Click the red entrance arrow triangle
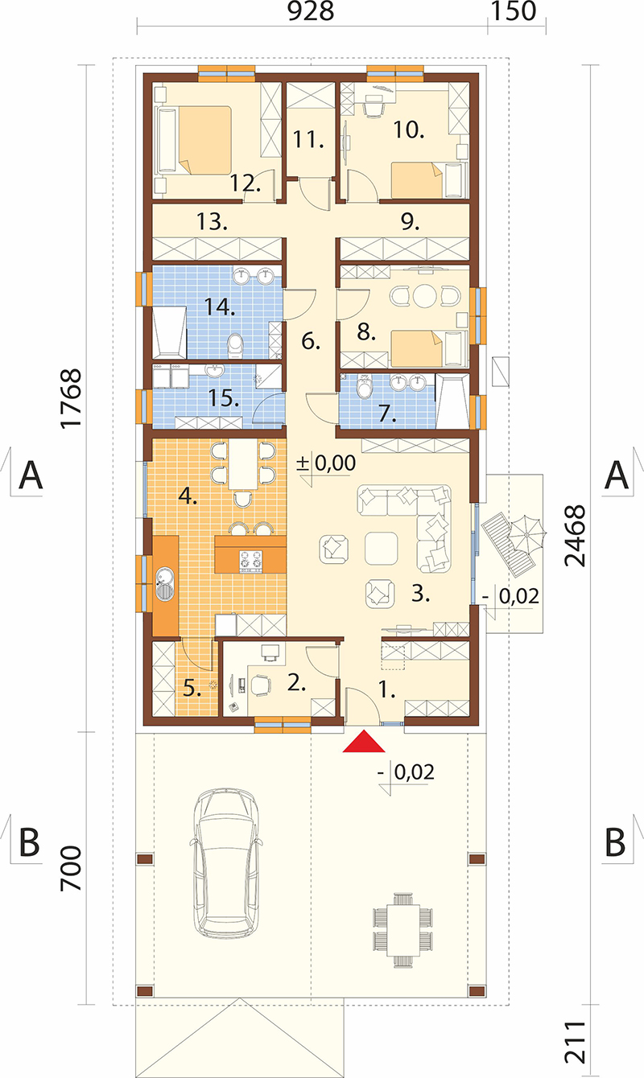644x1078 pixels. point(364,741)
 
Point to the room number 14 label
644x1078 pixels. point(220,307)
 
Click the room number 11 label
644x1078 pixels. point(308,139)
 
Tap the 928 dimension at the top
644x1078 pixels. point(311,11)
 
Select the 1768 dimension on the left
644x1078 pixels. point(71,398)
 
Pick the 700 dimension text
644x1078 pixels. point(71,868)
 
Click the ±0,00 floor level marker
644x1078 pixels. point(326,463)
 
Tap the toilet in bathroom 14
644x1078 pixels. point(235,345)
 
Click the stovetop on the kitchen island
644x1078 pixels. point(251,562)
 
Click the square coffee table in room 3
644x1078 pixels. point(382,548)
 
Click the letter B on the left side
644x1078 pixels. point(29,841)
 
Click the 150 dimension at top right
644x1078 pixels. point(514,11)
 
